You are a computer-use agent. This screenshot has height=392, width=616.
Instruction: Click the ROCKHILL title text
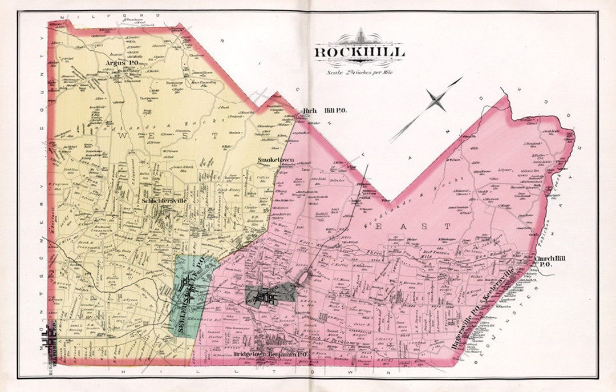coord(359,52)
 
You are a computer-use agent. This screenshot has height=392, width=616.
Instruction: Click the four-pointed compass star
coord(436,102)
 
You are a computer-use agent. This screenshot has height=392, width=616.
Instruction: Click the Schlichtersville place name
coord(164,201)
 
